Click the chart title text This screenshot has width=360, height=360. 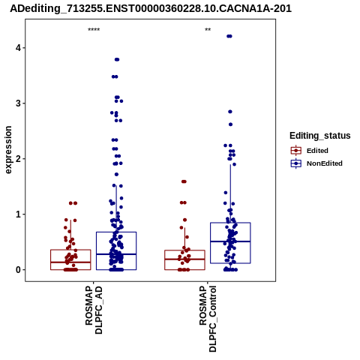click(151, 8)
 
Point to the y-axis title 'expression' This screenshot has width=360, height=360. click(8, 150)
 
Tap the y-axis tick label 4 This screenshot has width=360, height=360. click(18, 47)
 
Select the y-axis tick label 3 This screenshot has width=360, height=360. click(18, 103)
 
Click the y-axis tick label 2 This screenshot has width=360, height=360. click(18, 159)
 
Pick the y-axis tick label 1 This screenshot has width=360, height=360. click(18, 214)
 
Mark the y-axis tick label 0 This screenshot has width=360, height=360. click(18, 270)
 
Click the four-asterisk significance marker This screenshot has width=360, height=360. click(94, 30)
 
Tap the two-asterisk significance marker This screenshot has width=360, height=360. click(208, 30)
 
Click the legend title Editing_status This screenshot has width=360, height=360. click(320, 136)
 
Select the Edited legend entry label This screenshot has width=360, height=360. click(317, 151)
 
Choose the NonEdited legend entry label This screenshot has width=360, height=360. click(325, 163)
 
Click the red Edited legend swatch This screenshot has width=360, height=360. click(296, 151)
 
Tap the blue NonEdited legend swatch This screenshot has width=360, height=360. click(296, 163)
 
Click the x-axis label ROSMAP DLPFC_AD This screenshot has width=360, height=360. click(94, 310)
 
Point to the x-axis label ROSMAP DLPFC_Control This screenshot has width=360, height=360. click(208, 319)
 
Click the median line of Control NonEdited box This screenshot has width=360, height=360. click(230, 241)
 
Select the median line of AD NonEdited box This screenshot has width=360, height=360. click(116, 254)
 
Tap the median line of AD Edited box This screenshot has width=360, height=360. click(70, 262)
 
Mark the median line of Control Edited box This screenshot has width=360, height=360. click(184, 259)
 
